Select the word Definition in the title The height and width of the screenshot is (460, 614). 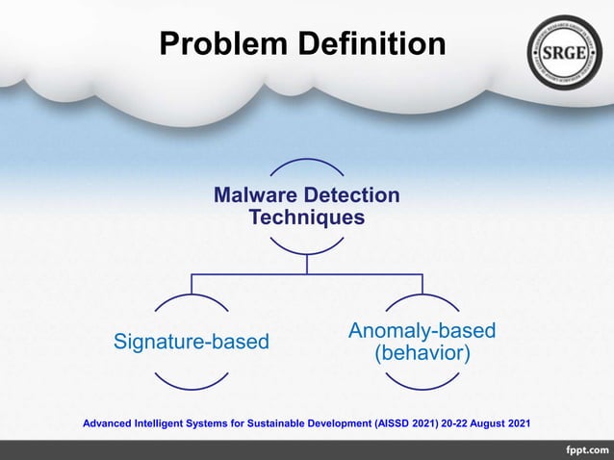pos(371,44)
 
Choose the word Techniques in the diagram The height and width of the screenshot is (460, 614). pos(307,218)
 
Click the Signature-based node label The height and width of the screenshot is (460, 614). pos(192,342)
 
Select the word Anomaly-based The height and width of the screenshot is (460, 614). pos(422,331)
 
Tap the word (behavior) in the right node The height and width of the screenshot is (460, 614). pos(422,353)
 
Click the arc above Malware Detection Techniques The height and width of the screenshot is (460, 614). pos(307,160)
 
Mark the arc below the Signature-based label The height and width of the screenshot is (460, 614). pos(192,384)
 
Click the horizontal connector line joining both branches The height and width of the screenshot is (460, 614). pos(307,274)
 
